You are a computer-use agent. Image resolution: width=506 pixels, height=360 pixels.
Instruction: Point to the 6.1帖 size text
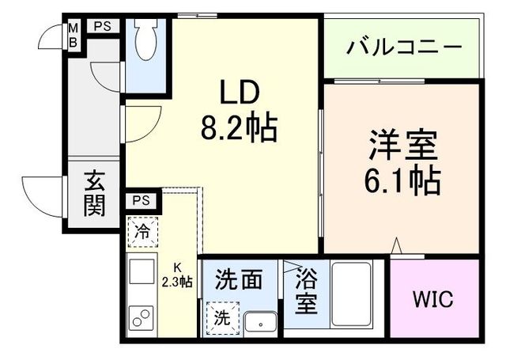pos(402,183)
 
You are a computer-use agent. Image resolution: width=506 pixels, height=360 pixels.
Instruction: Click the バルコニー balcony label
pos(403,47)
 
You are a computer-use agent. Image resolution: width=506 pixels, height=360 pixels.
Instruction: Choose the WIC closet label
pos(434,301)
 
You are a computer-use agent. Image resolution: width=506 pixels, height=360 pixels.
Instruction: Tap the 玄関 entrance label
pos(94,195)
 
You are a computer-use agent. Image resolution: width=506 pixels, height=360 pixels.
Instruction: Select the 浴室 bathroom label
pos(306,291)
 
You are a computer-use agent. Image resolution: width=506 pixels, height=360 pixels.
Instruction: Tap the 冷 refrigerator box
pos(142,233)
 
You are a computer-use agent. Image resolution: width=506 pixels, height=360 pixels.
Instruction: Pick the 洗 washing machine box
pos(222,318)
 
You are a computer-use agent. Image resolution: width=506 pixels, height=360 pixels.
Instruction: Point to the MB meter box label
pos(73,35)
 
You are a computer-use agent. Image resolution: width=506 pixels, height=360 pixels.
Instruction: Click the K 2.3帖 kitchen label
pos(177,275)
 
